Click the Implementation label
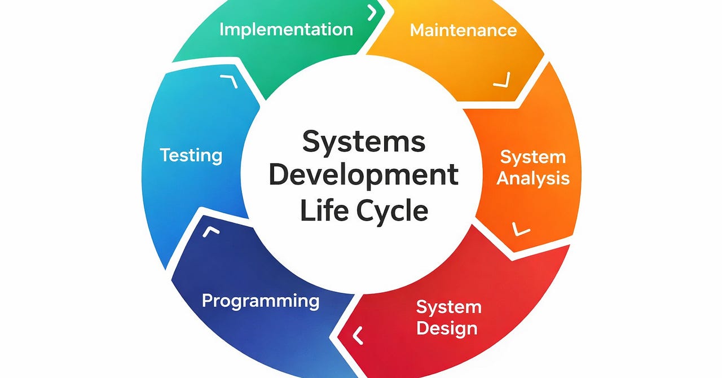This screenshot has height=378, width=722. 286,29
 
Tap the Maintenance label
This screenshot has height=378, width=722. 463,30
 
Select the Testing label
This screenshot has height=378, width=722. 191,155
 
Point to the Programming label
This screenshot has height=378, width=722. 261,301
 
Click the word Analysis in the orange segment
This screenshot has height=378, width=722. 533,178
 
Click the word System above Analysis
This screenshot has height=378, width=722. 532,157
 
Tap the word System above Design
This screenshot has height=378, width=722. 448,307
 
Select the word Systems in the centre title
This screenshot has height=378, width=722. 364,141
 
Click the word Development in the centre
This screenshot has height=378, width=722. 364,175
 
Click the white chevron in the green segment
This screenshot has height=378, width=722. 372,12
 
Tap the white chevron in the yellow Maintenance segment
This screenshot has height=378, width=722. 502,80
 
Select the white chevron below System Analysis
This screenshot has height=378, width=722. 521,228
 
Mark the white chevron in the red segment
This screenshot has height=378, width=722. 358,336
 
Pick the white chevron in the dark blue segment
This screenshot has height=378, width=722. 211,232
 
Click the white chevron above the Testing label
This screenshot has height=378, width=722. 228,82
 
